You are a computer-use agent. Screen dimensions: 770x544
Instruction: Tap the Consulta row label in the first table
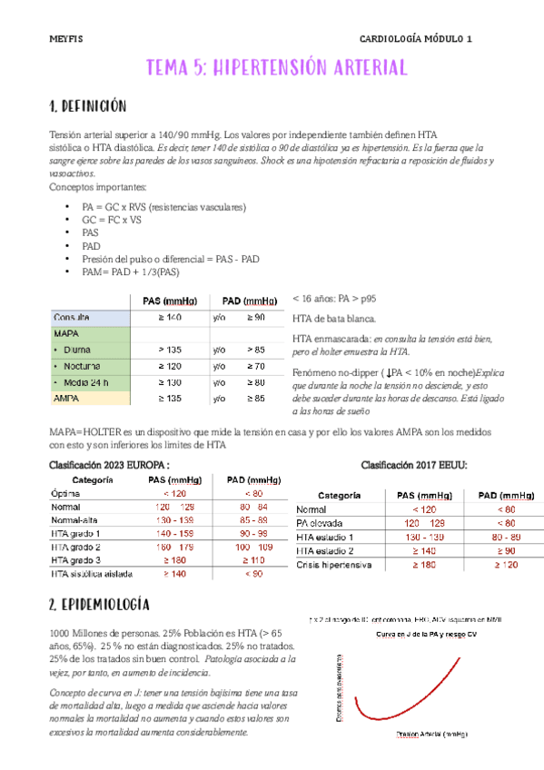(x=72, y=317)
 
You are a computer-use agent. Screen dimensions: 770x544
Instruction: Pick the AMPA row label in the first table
(x=66, y=398)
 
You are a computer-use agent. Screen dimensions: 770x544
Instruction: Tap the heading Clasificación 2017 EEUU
(x=414, y=465)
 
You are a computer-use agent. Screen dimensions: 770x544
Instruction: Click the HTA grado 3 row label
(x=76, y=560)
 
